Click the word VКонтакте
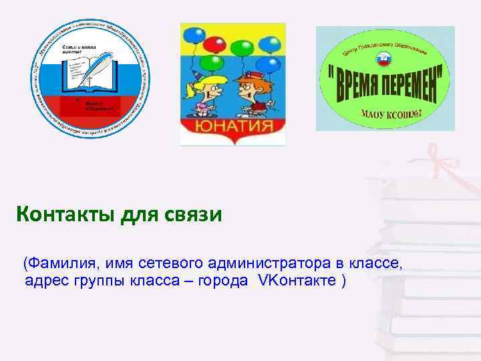coord(294,279)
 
